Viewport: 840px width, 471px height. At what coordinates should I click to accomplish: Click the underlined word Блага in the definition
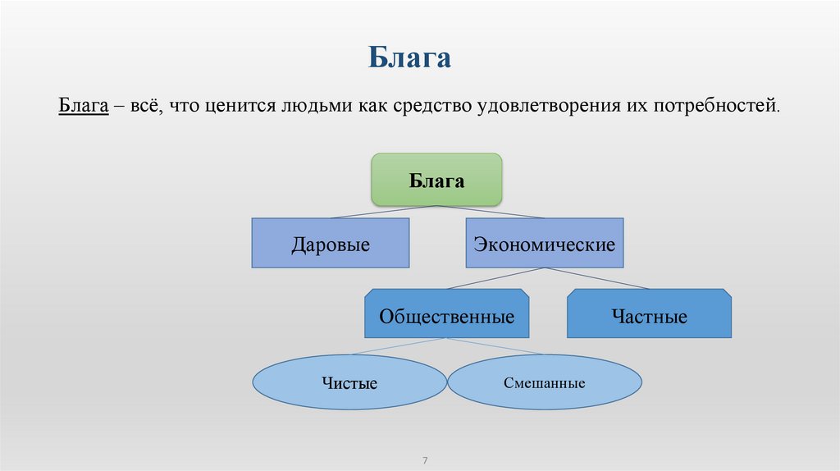coord(83,106)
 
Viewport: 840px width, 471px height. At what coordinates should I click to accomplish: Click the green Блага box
coord(436,180)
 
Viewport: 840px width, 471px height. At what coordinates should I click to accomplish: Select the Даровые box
coord(330,243)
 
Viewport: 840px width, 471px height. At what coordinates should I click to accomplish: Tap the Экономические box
coord(546,243)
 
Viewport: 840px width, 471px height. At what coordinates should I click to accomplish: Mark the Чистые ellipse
coord(349,382)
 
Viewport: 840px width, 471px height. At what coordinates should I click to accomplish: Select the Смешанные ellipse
coord(545,382)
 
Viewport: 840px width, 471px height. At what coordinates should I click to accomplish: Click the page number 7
coord(426,459)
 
